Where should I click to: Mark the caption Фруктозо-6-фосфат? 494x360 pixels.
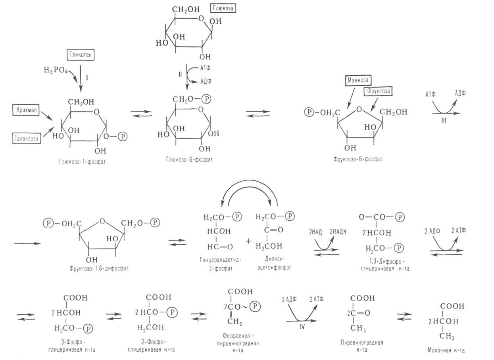click(x=353, y=159)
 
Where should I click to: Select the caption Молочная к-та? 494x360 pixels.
click(x=446, y=350)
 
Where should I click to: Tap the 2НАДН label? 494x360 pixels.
click(x=337, y=233)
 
